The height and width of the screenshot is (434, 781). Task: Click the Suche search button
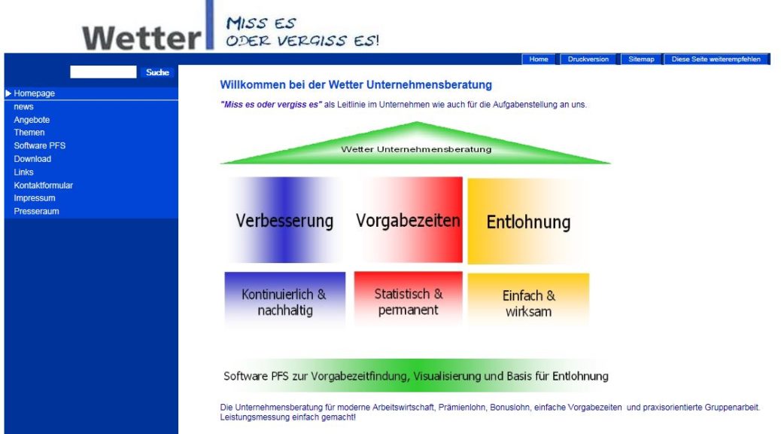coord(157,72)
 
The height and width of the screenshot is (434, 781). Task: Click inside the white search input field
coord(103,72)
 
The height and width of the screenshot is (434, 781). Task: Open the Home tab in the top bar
coord(539,59)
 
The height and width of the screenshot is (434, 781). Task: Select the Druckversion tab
coord(588,59)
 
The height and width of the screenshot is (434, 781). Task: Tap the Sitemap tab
coord(641,59)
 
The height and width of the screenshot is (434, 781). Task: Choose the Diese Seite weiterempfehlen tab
coord(716,59)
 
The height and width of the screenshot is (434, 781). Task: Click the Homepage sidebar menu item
coord(35,93)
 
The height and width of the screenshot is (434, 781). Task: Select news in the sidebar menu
coord(23,107)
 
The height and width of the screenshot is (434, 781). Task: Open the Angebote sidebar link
coord(32,120)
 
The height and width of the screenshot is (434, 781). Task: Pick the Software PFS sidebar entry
coord(39,145)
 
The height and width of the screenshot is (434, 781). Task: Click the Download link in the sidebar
coord(32,159)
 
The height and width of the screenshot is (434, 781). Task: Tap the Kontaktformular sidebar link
coord(44,185)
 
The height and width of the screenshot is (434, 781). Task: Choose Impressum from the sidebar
coord(35,198)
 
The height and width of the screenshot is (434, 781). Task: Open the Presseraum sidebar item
coord(36,211)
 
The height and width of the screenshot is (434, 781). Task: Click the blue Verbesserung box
coord(285,220)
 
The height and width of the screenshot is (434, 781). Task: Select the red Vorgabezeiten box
coord(408,219)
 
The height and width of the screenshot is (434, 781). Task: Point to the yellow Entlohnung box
coord(528,222)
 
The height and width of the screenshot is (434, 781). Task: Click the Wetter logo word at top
coord(142,38)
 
